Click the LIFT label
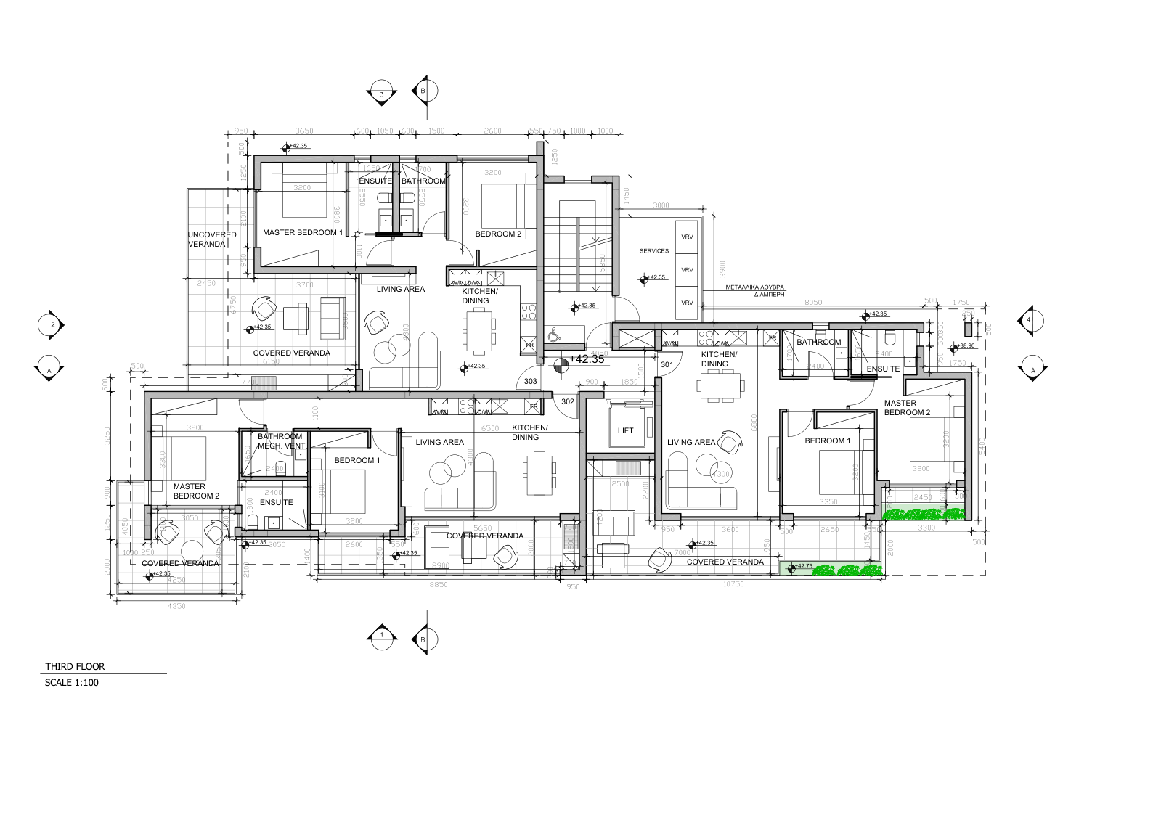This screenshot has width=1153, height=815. (625, 430)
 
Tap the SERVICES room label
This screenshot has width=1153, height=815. (653, 251)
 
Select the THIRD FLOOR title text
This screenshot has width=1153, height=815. (75, 666)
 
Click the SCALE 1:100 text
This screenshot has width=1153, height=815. (71, 682)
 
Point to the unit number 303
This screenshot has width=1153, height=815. (530, 381)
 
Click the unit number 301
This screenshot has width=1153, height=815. (667, 364)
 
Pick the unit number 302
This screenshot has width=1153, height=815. (567, 401)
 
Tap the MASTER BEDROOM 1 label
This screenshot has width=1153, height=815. (302, 233)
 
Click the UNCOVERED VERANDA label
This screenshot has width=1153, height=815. (211, 239)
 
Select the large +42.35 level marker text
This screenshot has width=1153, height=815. (587, 359)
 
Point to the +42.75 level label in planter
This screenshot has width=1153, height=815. (804, 566)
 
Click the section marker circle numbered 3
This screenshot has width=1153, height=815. (381, 94)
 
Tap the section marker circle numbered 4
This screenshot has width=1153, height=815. (1028, 320)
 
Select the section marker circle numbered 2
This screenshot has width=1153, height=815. (52, 324)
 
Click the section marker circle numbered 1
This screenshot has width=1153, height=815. (381, 636)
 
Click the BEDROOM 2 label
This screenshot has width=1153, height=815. (498, 234)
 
